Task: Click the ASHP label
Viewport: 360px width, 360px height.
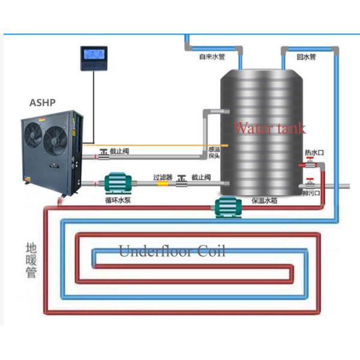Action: pyautogui.click(x=42, y=103)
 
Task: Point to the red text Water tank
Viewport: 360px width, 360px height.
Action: pyautogui.click(x=269, y=128)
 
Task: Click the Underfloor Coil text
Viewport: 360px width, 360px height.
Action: pyautogui.click(x=172, y=251)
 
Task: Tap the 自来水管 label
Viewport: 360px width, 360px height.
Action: pyautogui.click(x=212, y=58)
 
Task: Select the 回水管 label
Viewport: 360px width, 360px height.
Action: pyautogui.click(x=306, y=58)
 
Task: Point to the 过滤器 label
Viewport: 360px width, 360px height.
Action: pyautogui.click(x=163, y=177)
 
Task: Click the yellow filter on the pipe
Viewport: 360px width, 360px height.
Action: pyautogui.click(x=163, y=184)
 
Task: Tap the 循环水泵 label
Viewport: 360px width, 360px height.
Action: pyautogui.click(x=117, y=200)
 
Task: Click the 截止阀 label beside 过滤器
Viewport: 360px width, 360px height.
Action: pyautogui.click(x=200, y=177)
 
